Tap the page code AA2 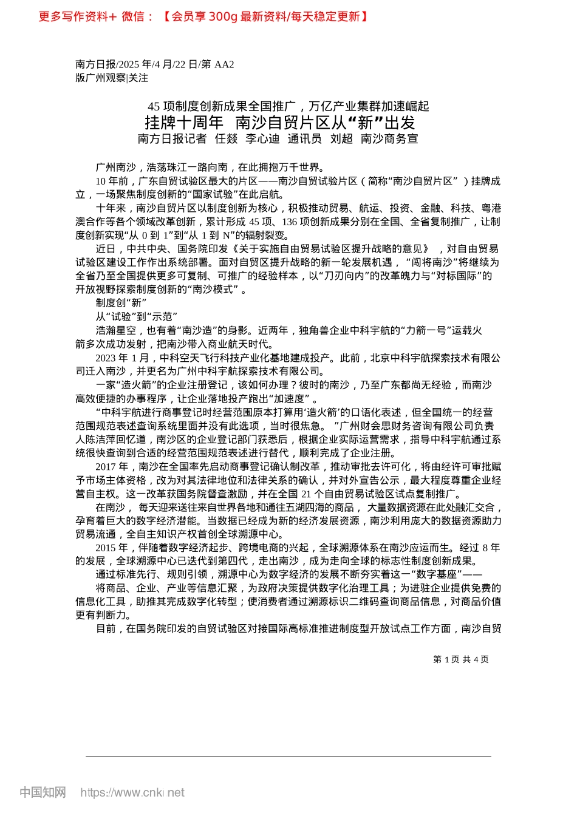point(224,64)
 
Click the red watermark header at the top point(203,16)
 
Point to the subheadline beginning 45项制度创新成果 point(288,106)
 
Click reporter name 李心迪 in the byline point(262,139)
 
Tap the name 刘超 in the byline point(341,139)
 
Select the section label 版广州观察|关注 point(112,78)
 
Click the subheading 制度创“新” point(121,303)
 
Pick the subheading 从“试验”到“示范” point(136,316)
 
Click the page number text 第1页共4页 point(460,659)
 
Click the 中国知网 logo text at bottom point(43,792)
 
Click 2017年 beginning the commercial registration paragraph point(112,466)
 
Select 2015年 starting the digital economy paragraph point(112,548)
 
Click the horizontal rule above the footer point(288,756)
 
